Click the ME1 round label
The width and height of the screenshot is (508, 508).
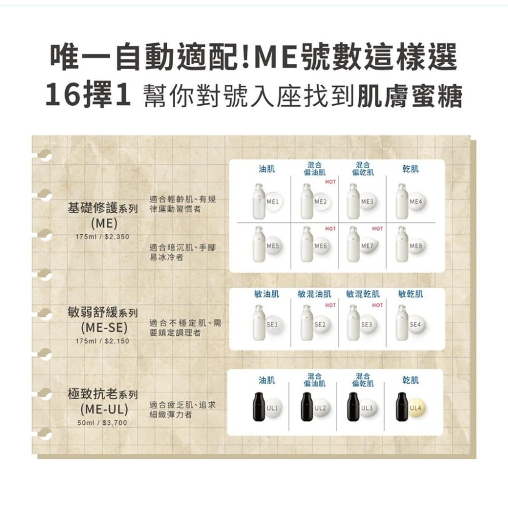click(x=271, y=202)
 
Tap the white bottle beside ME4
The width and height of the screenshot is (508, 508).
click(x=403, y=200)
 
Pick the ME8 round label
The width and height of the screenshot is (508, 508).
click(x=416, y=246)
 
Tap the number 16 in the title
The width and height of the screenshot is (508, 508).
click(x=61, y=97)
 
